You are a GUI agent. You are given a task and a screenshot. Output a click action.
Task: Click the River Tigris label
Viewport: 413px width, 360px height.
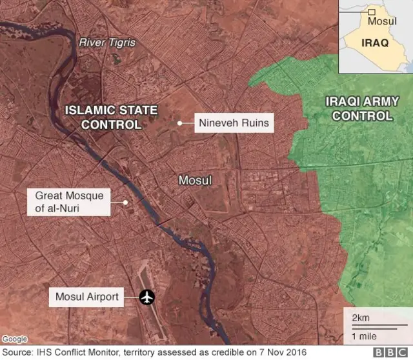(107, 43)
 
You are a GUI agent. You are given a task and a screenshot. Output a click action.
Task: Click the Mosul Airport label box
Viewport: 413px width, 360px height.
(86, 297)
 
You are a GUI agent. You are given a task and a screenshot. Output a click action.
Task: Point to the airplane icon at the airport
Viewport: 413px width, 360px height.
(148, 297)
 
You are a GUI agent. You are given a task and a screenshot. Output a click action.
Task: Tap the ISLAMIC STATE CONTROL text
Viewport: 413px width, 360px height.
(111, 117)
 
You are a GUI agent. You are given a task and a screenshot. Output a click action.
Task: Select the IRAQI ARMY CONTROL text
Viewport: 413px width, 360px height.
(361, 108)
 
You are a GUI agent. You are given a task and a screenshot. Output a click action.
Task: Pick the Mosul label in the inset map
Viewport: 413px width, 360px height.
(382, 21)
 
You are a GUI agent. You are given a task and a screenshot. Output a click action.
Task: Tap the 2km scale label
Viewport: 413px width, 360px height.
(361, 318)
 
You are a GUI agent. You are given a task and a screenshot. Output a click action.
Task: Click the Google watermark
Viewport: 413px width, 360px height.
(14, 339)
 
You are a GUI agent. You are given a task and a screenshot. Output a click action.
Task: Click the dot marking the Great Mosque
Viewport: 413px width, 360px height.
(126, 201)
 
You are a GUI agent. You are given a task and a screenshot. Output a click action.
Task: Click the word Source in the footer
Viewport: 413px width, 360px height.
(17, 353)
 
